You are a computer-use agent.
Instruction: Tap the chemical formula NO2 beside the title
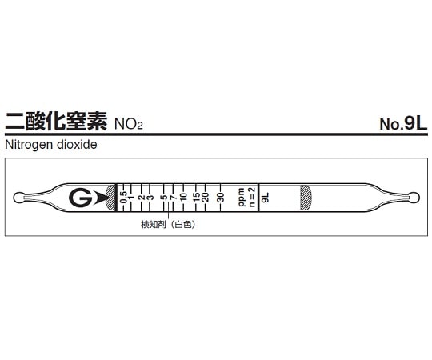click(134, 126)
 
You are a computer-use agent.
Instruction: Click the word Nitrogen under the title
click(27, 146)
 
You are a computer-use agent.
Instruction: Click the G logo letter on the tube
click(79, 198)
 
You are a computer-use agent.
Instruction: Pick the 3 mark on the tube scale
click(150, 197)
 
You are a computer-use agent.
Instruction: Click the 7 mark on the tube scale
click(173, 197)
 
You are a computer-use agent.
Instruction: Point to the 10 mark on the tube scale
click(183, 197)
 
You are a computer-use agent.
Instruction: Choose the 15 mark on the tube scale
click(195, 197)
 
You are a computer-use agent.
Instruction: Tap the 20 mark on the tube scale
click(206, 197)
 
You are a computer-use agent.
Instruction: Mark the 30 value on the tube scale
click(221, 197)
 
